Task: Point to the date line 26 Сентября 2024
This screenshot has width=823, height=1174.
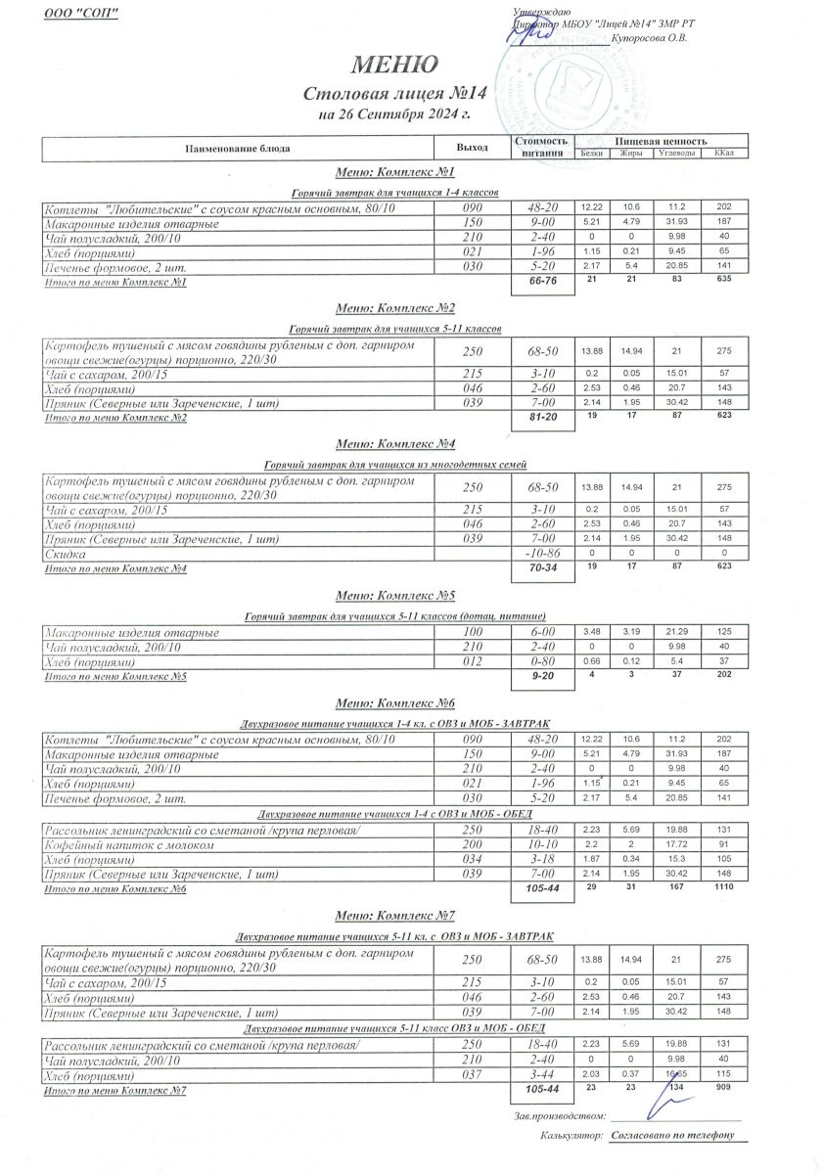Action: click(395, 114)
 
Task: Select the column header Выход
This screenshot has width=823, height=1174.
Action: click(472, 147)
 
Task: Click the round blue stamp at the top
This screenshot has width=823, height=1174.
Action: click(553, 78)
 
